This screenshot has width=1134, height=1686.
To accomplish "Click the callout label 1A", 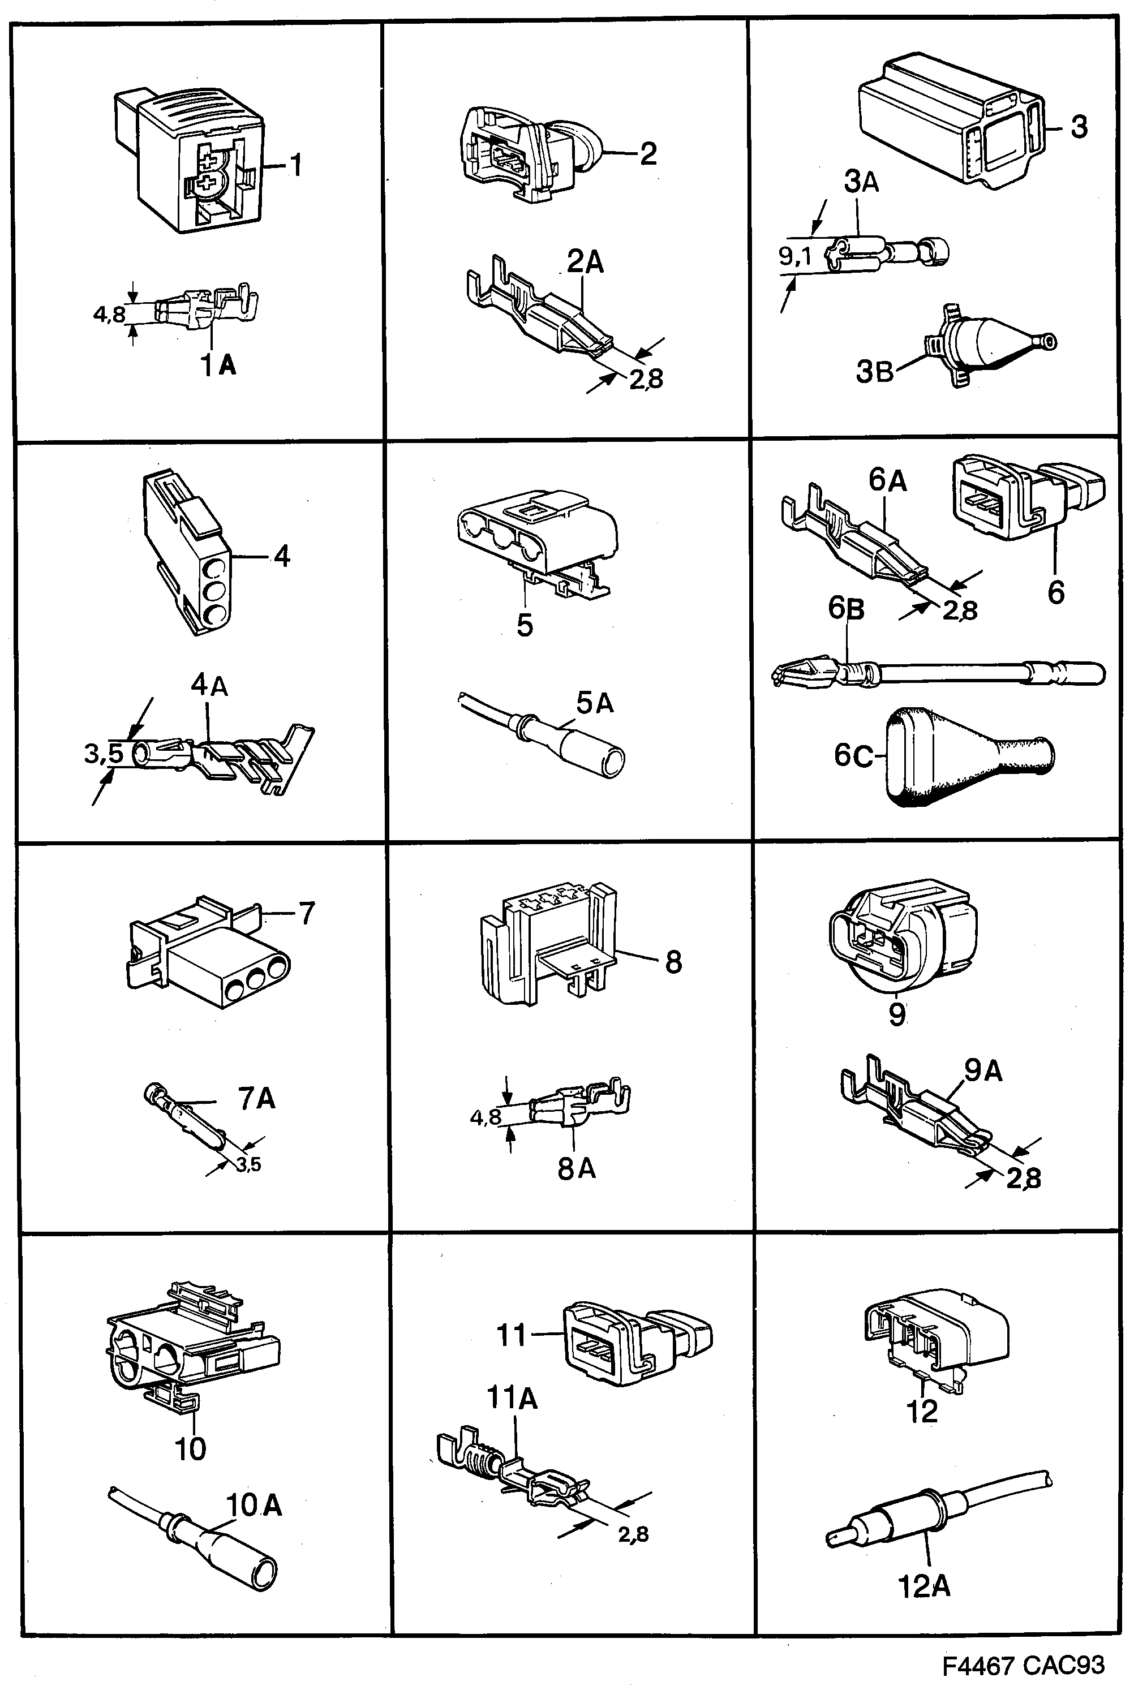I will (218, 366).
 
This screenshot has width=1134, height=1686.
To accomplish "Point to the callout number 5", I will (525, 625).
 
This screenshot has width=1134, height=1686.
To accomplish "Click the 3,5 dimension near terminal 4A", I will (104, 754).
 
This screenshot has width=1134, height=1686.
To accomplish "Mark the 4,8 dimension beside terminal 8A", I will (486, 1117).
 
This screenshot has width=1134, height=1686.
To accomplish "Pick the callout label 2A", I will (585, 262).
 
